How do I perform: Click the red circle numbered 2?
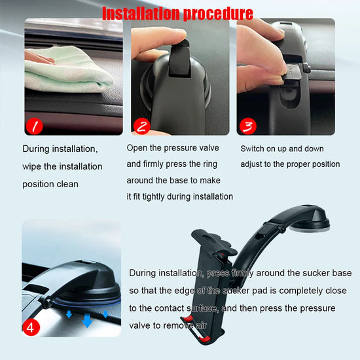pyautogui.click(x=141, y=125)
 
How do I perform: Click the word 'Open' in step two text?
pyautogui.click(x=138, y=149)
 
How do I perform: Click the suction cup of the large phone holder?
pyautogui.click(x=313, y=224)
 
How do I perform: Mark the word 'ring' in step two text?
pyautogui.click(x=211, y=164)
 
